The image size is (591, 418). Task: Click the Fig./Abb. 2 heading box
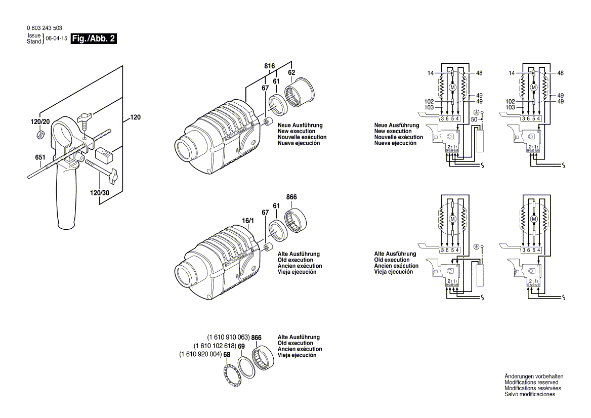click(94, 38)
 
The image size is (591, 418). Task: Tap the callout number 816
click(269, 67)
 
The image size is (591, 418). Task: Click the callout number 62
click(291, 73)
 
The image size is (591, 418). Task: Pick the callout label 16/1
click(247, 221)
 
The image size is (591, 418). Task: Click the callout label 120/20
click(40, 122)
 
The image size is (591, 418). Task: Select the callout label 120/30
click(99, 193)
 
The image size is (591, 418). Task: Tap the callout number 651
click(40, 157)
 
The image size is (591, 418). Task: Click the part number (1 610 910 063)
click(228, 337)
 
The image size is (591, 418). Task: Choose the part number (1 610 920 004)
click(200, 354)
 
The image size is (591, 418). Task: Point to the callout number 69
click(241, 346)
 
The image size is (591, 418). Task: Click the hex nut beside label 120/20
click(40, 134)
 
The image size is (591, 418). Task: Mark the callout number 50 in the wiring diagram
click(474, 119)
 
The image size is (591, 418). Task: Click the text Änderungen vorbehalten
click(533, 377)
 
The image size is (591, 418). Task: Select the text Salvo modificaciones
click(530, 394)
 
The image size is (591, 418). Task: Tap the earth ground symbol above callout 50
click(476, 112)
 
